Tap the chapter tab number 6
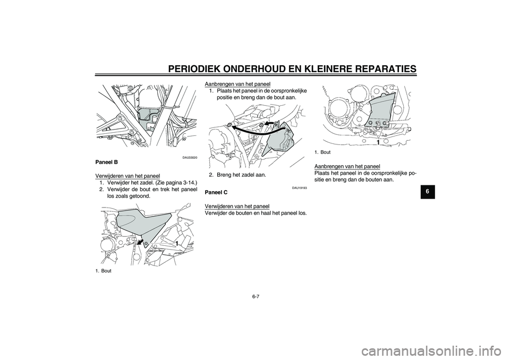point(427,192)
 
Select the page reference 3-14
point(188,182)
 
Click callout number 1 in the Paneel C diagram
point(378,143)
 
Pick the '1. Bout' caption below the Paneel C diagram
point(322,152)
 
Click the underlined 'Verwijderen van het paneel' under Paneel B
point(127,176)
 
